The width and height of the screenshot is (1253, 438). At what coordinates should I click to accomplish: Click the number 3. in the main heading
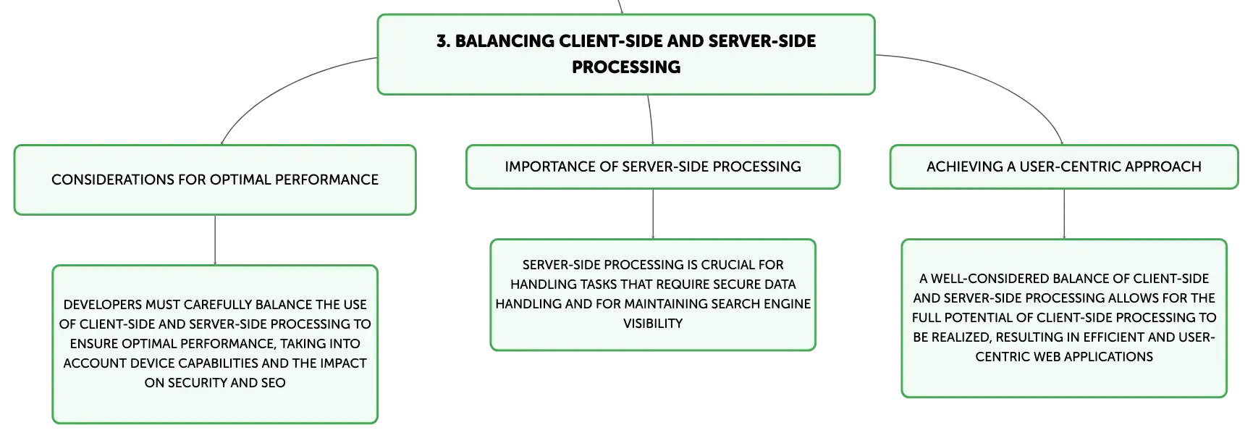[x=443, y=41]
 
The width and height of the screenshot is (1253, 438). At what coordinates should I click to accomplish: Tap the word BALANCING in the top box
[x=505, y=41]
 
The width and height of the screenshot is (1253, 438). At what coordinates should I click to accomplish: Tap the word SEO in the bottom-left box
[x=273, y=383]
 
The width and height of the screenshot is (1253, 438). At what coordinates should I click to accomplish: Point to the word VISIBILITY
[x=653, y=324]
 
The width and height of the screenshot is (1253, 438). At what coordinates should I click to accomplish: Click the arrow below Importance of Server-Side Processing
[x=653, y=214]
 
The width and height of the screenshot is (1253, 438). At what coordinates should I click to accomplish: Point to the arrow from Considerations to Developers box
[x=215, y=240]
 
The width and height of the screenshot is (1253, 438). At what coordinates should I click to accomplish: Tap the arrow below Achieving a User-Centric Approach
[x=1064, y=214]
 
